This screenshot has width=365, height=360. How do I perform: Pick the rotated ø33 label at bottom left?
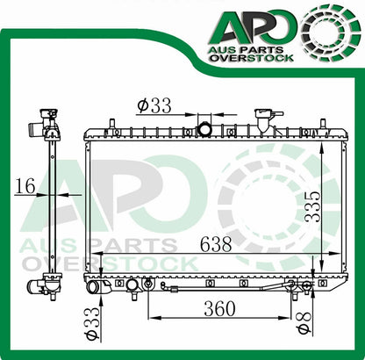click(90, 324)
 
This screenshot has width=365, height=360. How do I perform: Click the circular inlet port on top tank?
click(205, 130)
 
